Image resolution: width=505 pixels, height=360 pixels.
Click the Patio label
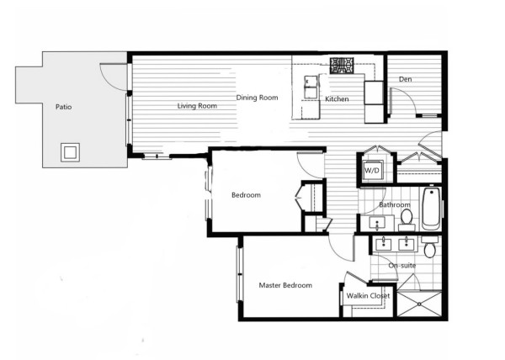[63, 107]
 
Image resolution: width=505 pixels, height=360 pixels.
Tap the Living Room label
[197, 106]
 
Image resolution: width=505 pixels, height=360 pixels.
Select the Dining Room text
[257, 98]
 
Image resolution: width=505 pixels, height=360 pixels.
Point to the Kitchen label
[337, 99]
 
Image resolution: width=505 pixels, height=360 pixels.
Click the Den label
[405, 79]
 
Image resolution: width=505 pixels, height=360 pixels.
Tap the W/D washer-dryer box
[372, 170]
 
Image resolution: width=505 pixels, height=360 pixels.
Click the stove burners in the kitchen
[342, 66]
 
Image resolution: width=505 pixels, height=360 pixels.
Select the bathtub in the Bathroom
[431, 209]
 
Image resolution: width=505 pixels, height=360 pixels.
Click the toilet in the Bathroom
[407, 220]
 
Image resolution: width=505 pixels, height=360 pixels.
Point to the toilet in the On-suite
[430, 247]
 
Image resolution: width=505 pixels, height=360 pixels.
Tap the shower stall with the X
[419, 304]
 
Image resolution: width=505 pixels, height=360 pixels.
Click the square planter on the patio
[70, 152]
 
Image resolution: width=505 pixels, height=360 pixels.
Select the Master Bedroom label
[285, 285]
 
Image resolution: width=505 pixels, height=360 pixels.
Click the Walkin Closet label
[368, 296]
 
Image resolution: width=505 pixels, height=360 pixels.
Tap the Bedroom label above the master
[246, 195]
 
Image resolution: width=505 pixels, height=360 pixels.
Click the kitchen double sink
[311, 87]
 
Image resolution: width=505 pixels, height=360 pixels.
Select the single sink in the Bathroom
[377, 223]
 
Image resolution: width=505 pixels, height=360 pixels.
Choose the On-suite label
[402, 266]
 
